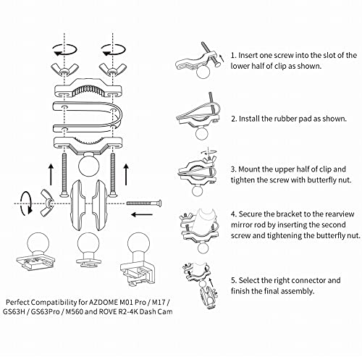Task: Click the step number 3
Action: click(x=234, y=166)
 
